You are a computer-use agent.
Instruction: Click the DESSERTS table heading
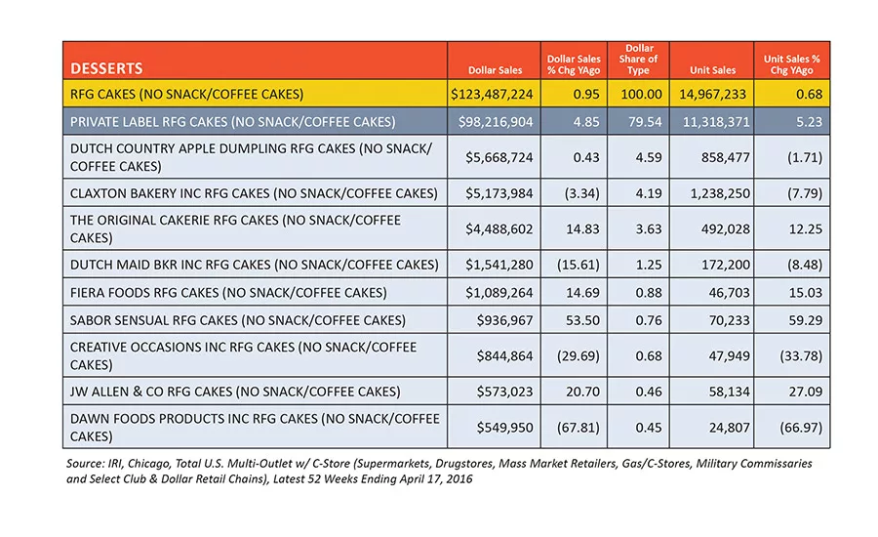pos(106,68)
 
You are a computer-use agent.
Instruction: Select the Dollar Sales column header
pos(495,70)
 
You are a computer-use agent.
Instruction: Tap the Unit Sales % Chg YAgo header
pos(792,64)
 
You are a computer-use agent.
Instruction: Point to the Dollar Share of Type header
pos(638,60)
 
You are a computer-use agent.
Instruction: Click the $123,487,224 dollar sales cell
pos(493,94)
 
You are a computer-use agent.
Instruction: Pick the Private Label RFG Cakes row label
pos(232,122)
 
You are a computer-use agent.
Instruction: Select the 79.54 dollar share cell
pos(645,122)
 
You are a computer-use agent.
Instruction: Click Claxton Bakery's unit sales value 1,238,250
pos(720,193)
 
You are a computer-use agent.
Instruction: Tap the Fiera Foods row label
pos(228,293)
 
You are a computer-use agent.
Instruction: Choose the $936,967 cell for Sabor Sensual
pos(505,320)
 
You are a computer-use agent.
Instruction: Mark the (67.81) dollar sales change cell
pos(578,428)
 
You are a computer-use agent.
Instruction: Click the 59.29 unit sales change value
pos(806,320)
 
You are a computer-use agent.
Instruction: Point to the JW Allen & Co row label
pos(235,392)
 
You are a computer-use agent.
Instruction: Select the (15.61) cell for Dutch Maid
pos(578,265)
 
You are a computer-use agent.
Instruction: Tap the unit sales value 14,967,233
pos(713,94)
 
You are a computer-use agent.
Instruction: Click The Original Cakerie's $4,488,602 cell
pos(499,229)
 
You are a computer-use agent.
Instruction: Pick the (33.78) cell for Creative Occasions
pos(801,356)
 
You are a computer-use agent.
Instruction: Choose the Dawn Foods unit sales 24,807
pos(729,428)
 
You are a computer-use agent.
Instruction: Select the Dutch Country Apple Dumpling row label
pos(251,157)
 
